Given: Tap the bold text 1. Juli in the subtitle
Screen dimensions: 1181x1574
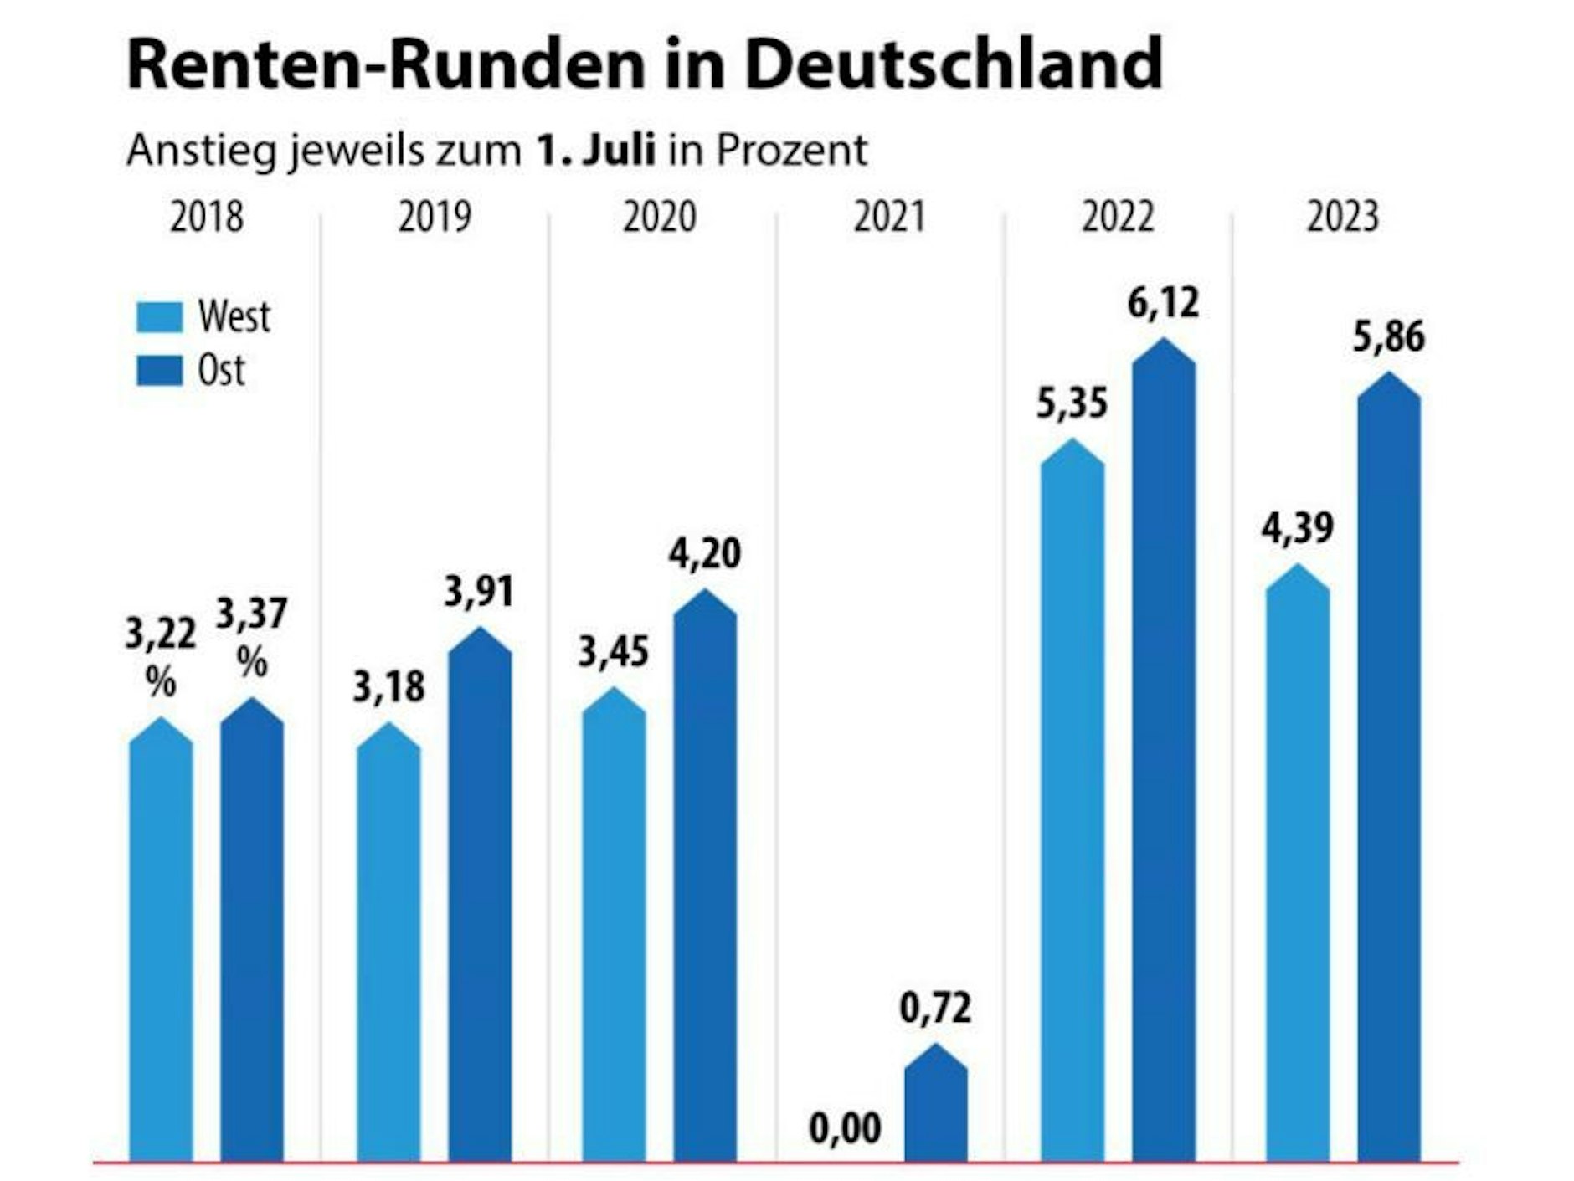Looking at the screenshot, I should click(x=595, y=151).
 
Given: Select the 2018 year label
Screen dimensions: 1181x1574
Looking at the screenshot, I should click(x=206, y=217).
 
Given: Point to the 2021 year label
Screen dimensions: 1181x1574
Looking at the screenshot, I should click(x=889, y=217).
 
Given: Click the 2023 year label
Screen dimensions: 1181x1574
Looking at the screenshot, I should click(x=1342, y=217).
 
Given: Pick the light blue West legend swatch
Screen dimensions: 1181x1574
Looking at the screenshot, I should click(x=159, y=317).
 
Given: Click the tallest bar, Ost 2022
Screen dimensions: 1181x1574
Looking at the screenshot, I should click(x=1163, y=753).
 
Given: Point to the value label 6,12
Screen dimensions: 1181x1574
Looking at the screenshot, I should click(x=1163, y=303).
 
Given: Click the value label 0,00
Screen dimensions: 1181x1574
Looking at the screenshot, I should click(x=845, y=1129).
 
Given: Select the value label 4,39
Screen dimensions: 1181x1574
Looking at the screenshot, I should click(x=1297, y=529).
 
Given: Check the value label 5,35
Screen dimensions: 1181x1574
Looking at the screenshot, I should click(x=1072, y=404).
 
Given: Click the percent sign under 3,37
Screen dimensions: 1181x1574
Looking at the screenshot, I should click(x=251, y=663).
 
